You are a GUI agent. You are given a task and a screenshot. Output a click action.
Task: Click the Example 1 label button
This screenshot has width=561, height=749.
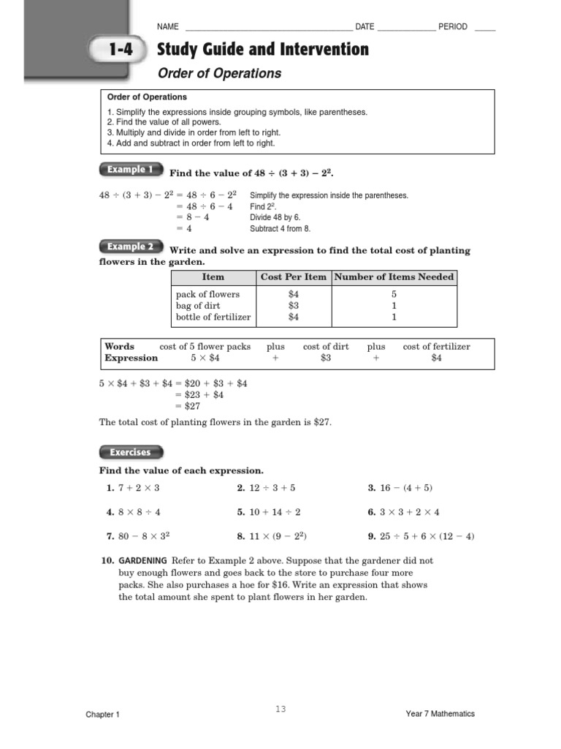(130, 170)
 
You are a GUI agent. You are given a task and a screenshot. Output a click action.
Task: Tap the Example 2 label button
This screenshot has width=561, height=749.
(130, 246)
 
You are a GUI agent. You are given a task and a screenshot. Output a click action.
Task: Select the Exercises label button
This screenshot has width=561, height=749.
(130, 452)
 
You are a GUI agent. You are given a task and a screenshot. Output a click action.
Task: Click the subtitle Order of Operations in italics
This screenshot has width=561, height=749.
(220, 73)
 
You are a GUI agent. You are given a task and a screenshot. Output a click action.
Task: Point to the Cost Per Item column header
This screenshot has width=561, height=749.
(294, 276)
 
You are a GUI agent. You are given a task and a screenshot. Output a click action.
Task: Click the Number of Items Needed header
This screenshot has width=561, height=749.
(394, 276)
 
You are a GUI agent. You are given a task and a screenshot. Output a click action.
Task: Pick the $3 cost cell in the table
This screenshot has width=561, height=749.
(294, 306)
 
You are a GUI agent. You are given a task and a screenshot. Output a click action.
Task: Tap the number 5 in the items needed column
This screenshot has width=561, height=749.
(394, 294)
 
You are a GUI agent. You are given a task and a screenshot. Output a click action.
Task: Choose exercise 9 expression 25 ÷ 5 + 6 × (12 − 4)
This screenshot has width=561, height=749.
(427, 536)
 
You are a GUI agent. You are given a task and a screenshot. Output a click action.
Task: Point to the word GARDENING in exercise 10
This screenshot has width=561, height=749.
(142, 560)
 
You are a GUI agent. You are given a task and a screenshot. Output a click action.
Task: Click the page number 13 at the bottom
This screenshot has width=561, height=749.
(280, 709)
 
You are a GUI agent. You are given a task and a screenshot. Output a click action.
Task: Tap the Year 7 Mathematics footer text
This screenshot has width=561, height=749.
(440, 714)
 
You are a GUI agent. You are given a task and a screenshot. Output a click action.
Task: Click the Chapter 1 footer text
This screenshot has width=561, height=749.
(102, 715)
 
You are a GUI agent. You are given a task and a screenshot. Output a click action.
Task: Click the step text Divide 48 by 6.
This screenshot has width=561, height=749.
(275, 217)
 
